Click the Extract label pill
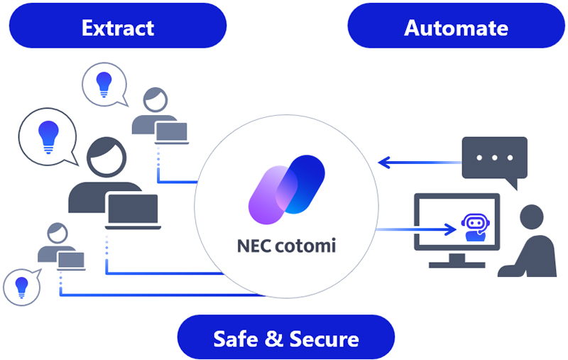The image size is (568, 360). pos(118,28)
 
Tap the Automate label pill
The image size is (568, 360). pos(456,28)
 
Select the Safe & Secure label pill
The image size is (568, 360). pos(285,337)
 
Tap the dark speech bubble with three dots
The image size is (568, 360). pos(494,158)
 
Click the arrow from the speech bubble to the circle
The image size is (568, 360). pos(419,163)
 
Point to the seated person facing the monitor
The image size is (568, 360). pos(529,241)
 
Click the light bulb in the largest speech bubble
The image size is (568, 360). pos(48,135)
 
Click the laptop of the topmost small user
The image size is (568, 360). pos(172,132)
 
